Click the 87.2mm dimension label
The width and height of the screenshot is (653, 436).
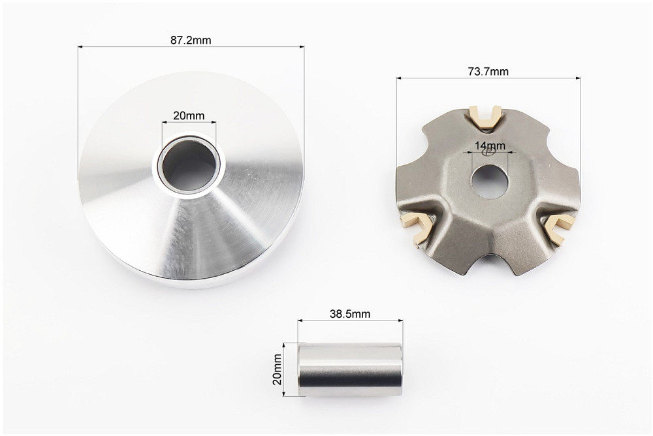tap(191, 40)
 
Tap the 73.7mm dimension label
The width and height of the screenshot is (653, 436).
tap(488, 72)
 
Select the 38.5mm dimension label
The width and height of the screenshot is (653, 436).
tap(350, 313)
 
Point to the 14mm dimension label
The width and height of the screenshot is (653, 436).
tap(490, 146)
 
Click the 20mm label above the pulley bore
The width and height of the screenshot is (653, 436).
tap(189, 116)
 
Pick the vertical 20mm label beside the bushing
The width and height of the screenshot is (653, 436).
tap(277, 369)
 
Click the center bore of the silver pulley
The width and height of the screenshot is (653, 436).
tap(190, 165)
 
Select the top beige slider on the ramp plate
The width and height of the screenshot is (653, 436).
tap(485, 116)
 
